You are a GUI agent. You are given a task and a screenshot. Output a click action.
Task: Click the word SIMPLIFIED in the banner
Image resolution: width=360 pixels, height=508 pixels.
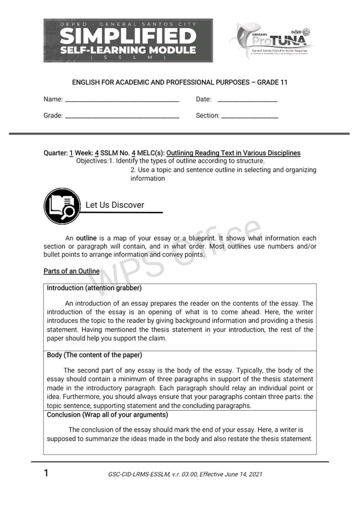(128, 36)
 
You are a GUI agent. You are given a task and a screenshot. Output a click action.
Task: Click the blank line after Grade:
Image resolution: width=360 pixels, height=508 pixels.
(122, 117)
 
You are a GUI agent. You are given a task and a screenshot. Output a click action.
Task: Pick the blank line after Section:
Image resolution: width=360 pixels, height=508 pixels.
(249, 117)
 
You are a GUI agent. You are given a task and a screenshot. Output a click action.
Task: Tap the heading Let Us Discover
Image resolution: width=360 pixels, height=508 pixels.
(114, 205)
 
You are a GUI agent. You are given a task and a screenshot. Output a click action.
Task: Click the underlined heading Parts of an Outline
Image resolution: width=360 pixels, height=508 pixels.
(71, 271)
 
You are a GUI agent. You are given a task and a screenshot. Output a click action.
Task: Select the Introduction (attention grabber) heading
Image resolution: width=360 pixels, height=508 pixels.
(94, 288)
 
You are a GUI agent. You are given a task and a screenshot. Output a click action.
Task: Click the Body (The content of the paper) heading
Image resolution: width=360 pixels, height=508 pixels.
(94, 355)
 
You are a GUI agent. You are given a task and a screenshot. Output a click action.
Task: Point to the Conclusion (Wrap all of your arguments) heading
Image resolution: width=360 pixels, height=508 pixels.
(107, 415)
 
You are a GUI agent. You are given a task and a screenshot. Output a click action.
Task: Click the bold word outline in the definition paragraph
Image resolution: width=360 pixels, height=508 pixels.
(86, 238)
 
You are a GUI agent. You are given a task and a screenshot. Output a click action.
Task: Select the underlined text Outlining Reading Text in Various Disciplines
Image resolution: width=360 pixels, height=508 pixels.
(233, 153)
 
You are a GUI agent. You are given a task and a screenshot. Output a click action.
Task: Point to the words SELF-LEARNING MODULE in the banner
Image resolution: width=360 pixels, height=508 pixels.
(128, 50)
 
